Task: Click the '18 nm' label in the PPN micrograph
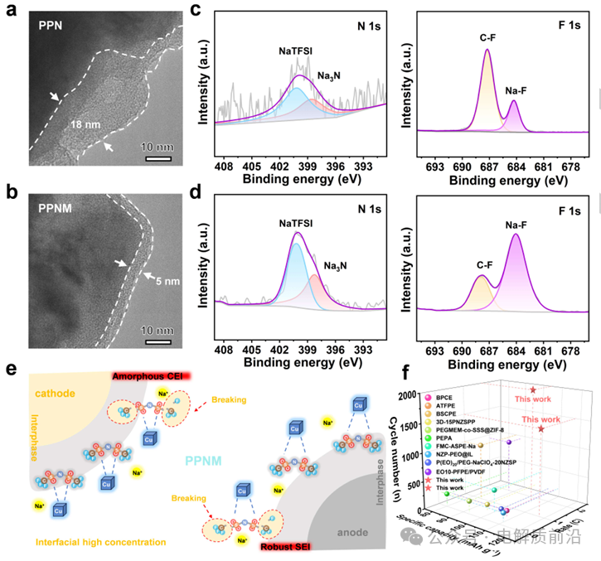(x=85, y=124)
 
